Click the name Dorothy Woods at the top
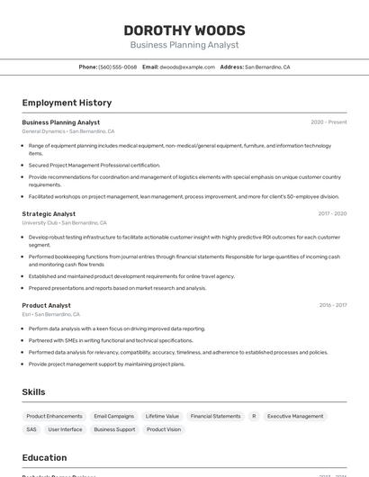coord(184,31)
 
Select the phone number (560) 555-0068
coord(118,67)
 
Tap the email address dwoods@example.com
coord(187,67)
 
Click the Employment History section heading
coord(67,103)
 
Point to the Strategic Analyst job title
coord(49,214)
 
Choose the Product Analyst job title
coord(46,306)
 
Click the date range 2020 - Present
coord(328,122)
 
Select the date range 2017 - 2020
coord(332,214)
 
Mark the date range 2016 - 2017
coord(333,306)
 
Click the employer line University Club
coord(64,223)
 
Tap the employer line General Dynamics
coord(67,131)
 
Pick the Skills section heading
coord(34,392)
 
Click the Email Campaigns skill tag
coord(113,417)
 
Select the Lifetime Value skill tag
coord(162,417)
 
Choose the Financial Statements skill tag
coord(215,417)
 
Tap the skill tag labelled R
coord(254,417)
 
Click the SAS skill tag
coord(31,430)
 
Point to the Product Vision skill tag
coord(163,430)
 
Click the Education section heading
coord(44,458)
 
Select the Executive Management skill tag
coord(295,417)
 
